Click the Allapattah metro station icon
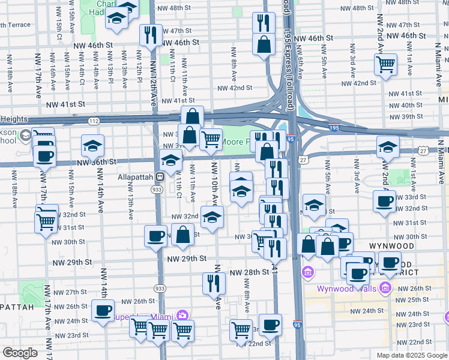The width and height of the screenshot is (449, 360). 160,177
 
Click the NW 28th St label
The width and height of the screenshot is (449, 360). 249,272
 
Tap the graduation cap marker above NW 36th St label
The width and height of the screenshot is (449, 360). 93,146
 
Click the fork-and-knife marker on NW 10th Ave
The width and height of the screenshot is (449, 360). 213,282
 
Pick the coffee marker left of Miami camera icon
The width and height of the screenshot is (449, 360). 102,311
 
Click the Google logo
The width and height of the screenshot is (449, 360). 20,353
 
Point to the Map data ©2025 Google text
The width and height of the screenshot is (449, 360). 411,355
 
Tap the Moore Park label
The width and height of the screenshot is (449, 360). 235,143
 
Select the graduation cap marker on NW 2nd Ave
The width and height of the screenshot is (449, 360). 388,147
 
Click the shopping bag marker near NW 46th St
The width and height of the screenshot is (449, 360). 264,43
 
